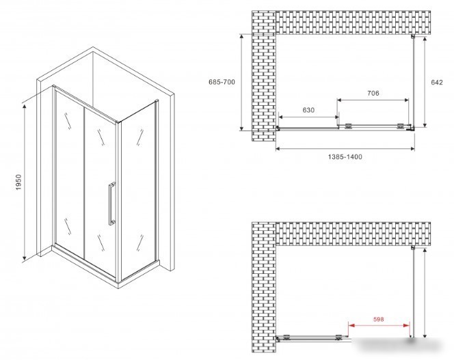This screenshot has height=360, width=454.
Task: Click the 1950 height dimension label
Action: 18,182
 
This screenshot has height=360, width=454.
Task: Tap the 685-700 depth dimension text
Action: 222,82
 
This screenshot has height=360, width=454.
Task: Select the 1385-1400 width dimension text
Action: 345,157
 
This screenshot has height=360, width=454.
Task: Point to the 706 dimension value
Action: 373,93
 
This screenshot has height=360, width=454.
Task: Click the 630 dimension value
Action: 308,110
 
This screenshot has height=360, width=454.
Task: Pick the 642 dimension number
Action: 437,82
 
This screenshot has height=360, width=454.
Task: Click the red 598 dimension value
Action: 378,319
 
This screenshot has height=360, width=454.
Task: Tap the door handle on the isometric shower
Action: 111,204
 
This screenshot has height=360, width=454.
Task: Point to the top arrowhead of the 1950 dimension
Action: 25,107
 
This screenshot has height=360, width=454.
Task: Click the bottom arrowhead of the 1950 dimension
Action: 25,257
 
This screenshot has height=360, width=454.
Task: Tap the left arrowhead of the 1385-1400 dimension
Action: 278,149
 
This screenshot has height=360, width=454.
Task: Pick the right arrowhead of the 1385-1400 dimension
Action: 412,149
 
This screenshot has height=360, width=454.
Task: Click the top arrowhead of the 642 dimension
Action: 425,40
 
